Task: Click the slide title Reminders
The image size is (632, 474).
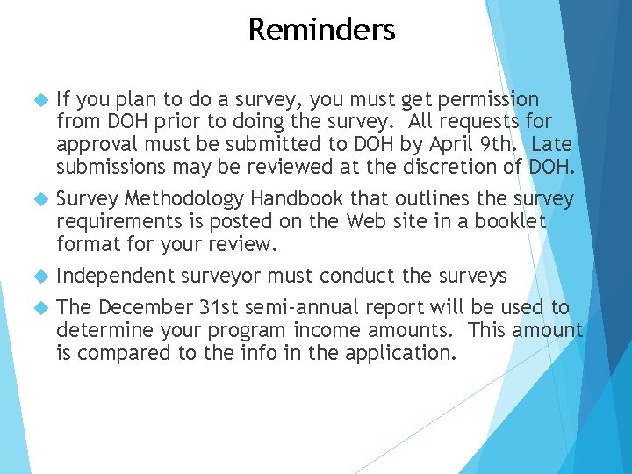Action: click(x=321, y=30)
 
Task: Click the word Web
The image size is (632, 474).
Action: click(x=369, y=222)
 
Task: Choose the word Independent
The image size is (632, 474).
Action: click(x=116, y=276)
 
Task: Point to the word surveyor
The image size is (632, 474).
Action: click(x=221, y=276)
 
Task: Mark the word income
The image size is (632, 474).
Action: click(x=333, y=331)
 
